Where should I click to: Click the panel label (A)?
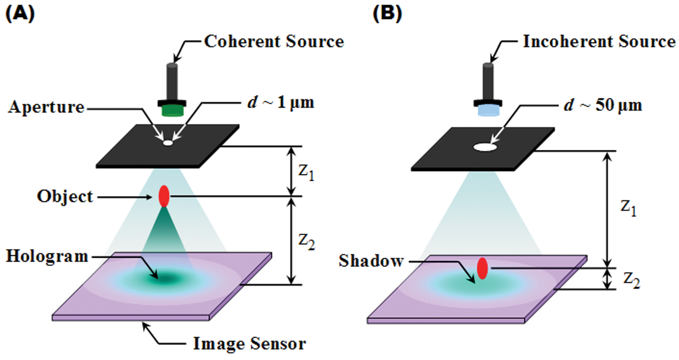point(20,14)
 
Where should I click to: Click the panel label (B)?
point(387,14)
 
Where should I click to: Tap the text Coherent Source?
point(274,42)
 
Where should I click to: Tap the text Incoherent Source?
point(599,42)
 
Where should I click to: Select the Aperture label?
point(46,107)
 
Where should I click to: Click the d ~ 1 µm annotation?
point(281,102)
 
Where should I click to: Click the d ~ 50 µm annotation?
point(603,106)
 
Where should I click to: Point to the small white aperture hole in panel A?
point(168,143)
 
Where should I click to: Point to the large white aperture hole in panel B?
point(485,147)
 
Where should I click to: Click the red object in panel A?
point(164,196)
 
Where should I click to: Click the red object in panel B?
point(482,268)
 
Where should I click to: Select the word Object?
point(65,197)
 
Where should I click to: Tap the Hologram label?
point(47,257)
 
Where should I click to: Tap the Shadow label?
point(371,261)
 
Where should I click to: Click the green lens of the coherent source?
point(172,110)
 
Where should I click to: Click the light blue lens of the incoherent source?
point(488,110)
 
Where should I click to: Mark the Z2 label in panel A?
point(306,242)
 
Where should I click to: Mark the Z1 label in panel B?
point(628,208)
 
